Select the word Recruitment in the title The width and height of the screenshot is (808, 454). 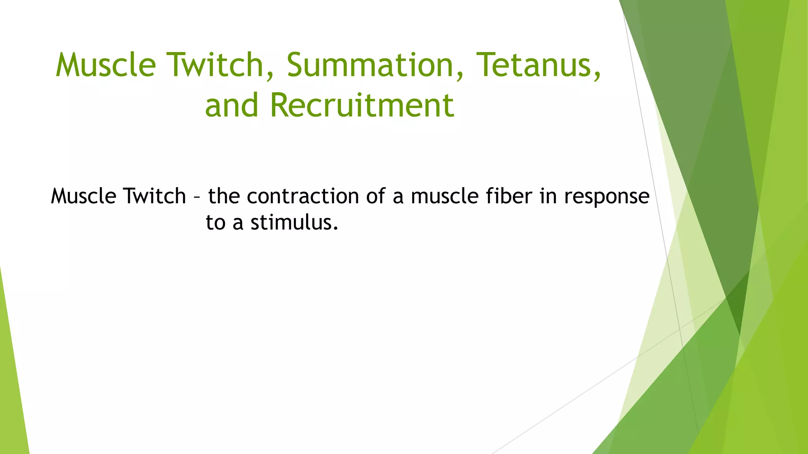tap(362, 105)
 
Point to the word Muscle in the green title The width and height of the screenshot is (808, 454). tap(106, 65)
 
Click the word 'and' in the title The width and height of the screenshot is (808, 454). tap(232, 106)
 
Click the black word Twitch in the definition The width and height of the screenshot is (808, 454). tap(154, 196)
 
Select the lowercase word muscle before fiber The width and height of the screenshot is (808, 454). tap(445, 196)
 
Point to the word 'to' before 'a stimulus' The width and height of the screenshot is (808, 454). tap(215, 223)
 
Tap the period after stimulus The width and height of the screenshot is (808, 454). tap(336, 229)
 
